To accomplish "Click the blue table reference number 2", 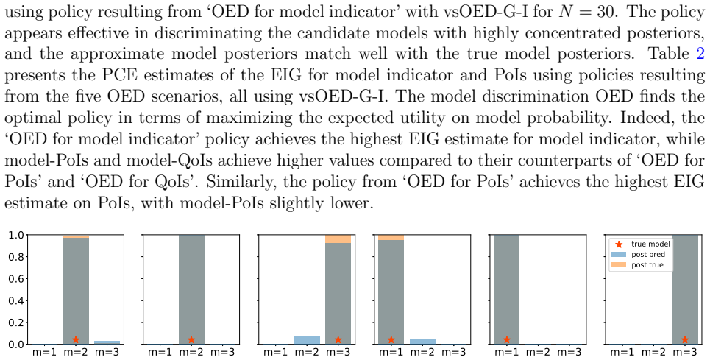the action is click(700, 54).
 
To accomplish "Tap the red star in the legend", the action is click(619, 244).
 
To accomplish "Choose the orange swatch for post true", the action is click(619, 264).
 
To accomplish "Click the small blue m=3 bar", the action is click(108, 342).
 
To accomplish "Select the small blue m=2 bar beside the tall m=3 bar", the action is click(307, 339).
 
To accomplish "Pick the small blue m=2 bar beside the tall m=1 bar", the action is click(423, 342).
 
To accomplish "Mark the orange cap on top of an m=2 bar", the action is click(76, 236).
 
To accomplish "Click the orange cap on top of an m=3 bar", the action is click(338, 239).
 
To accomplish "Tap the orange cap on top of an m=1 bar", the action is click(391, 237).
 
